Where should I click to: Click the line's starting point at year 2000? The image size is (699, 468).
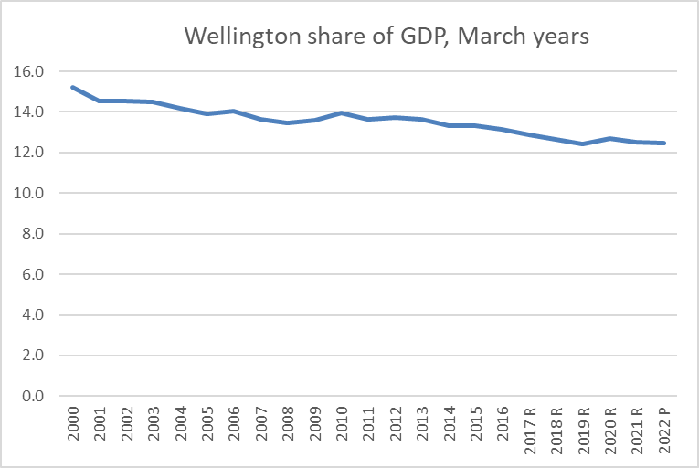click(72, 88)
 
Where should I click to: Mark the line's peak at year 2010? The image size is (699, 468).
click(341, 113)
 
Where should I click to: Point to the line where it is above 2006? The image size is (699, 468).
click(233, 112)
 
